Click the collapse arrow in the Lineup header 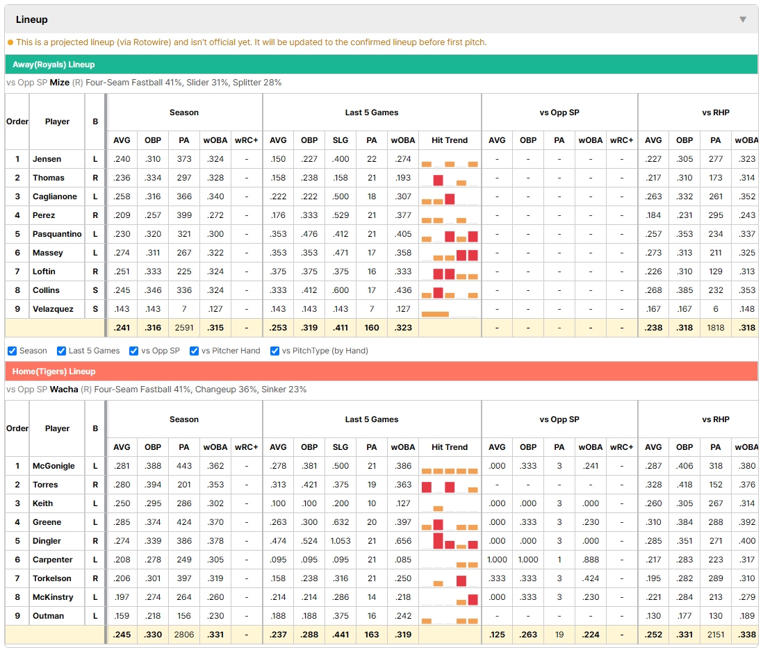(743, 19)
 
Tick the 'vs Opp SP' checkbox (134, 351)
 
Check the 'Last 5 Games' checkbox (61, 351)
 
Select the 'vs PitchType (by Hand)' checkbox (275, 351)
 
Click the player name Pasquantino (57, 234)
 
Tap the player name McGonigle (54, 466)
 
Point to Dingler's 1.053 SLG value (341, 541)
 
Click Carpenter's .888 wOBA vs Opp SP (591, 560)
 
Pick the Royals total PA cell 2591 (184, 328)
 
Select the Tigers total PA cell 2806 (184, 635)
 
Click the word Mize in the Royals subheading (59, 83)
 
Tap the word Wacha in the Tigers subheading (64, 390)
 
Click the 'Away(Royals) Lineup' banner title (54, 65)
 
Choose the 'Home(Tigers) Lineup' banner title (54, 371)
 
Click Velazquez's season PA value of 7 (184, 309)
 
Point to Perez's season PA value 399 (184, 215)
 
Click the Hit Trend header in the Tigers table (450, 447)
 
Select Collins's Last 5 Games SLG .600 (341, 290)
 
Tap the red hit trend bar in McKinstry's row (473, 599)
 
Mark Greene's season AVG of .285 (122, 522)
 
